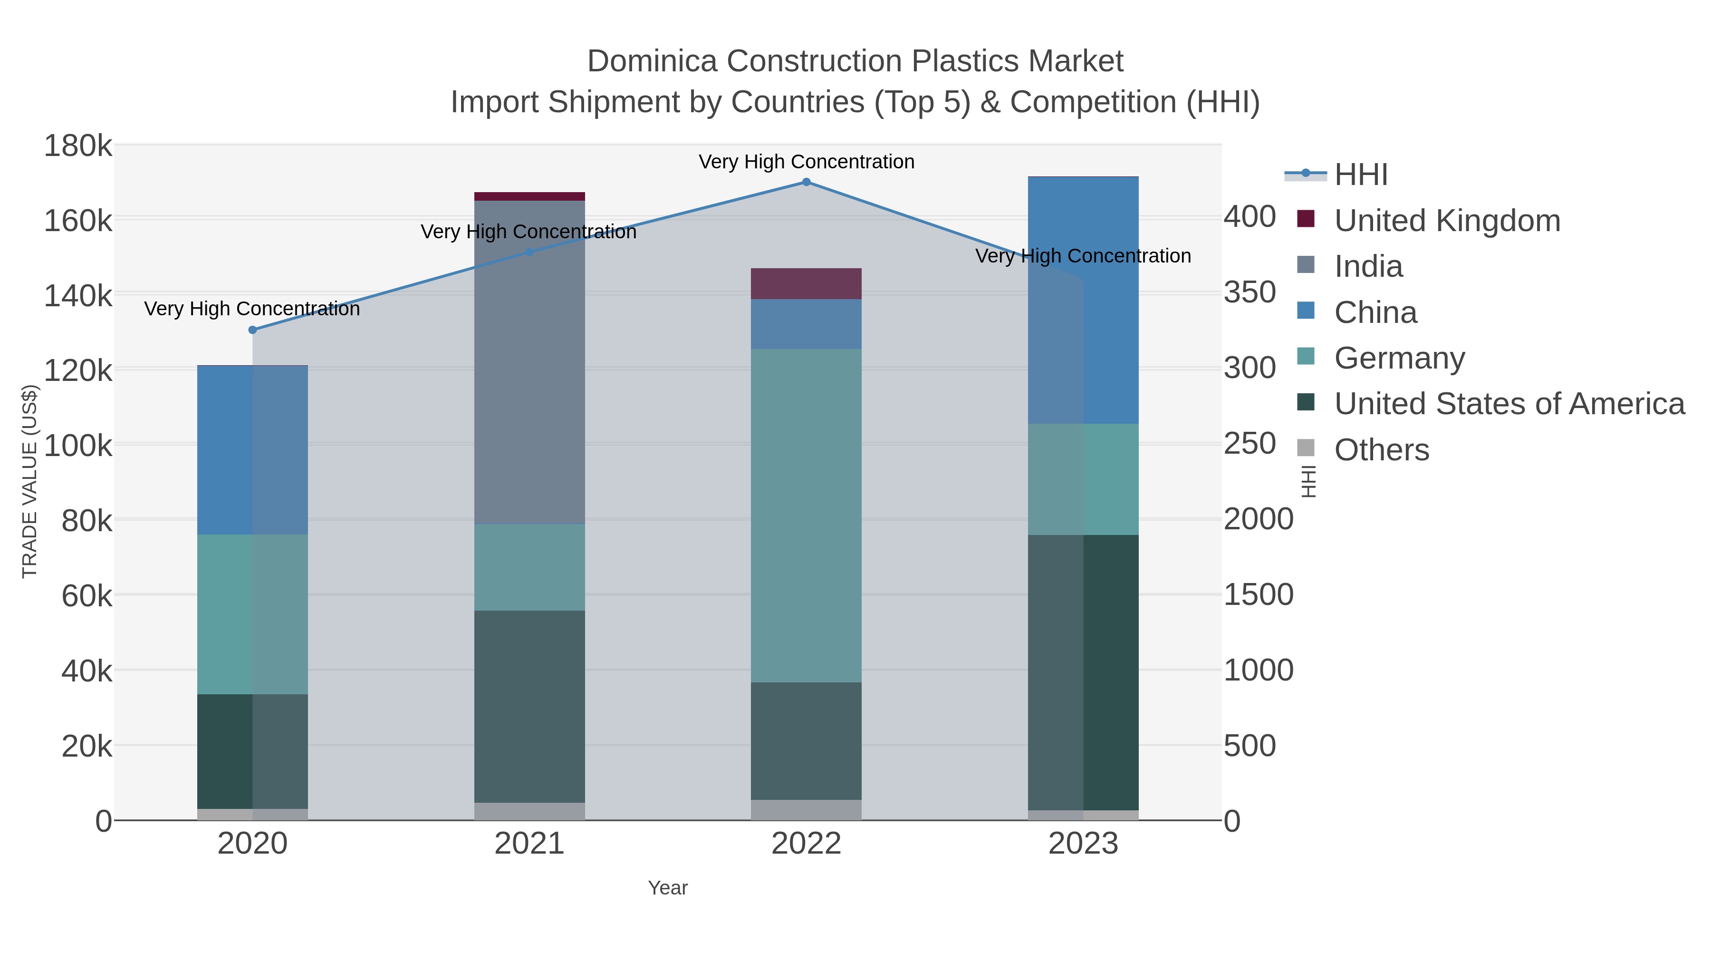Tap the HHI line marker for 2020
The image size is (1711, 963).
click(x=252, y=330)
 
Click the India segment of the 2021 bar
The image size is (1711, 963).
click(x=529, y=362)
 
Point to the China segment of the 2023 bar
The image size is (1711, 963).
click(x=1083, y=301)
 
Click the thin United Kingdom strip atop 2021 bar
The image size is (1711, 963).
click(x=529, y=196)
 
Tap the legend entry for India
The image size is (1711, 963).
click(x=1368, y=266)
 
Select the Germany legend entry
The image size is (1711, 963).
click(x=1399, y=358)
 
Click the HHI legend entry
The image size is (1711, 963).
click(x=1360, y=175)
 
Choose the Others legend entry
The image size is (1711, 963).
click(x=1381, y=450)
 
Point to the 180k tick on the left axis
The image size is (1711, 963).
click(x=78, y=146)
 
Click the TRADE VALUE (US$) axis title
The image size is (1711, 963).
click(x=30, y=481)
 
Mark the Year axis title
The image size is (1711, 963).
click(x=668, y=888)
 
